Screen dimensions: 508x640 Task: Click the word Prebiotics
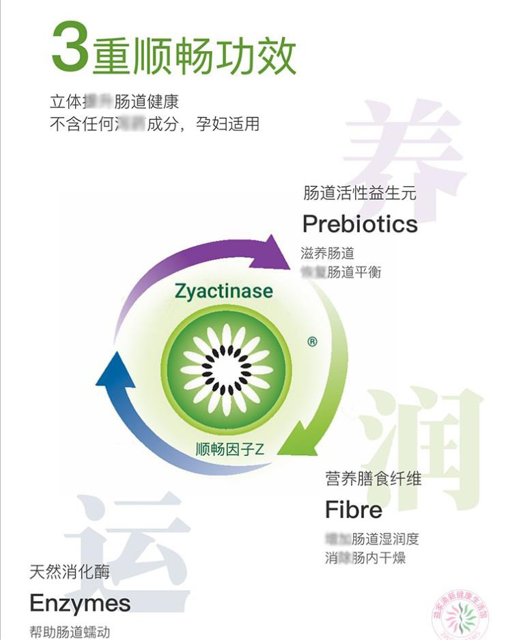(x=359, y=224)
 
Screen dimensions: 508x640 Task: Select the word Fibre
(x=353, y=510)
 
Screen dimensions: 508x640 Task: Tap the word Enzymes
(x=80, y=602)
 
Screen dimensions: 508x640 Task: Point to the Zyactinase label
(x=223, y=292)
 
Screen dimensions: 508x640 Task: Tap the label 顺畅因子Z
(x=229, y=450)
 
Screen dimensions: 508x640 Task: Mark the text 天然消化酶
(x=70, y=571)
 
